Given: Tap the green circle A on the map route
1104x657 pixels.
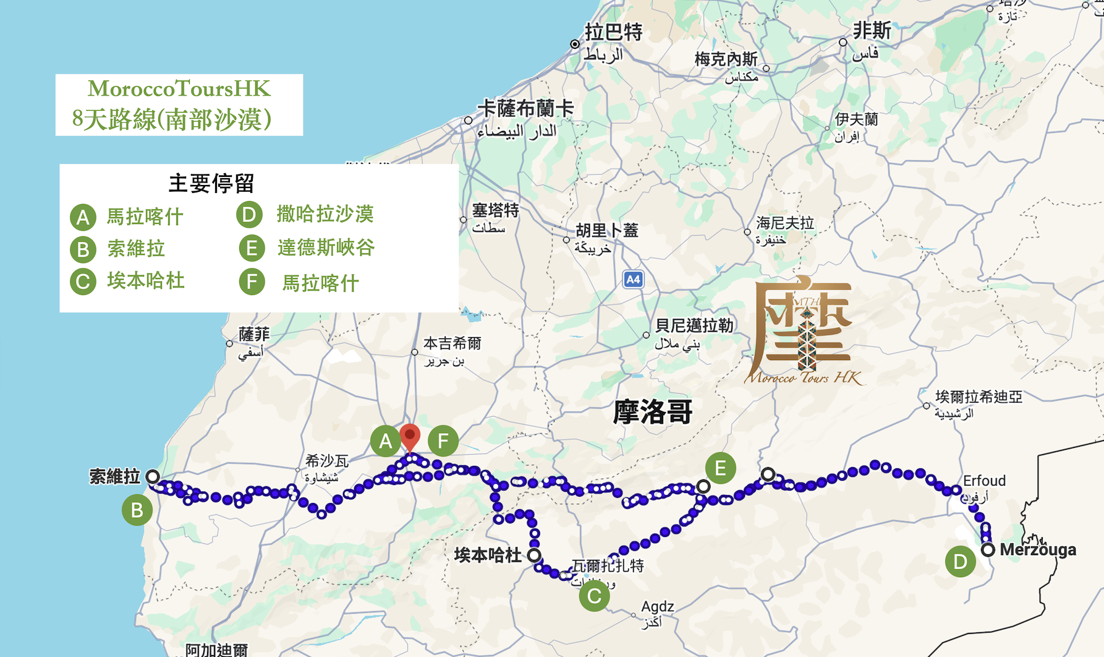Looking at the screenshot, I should (385, 441).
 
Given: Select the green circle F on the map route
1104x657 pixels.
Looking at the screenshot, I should (443, 441).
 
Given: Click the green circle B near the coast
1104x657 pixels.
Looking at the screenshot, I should (137, 510).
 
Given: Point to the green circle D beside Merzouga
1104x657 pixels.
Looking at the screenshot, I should (960, 562).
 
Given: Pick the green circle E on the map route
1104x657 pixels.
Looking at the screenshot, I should (720, 468).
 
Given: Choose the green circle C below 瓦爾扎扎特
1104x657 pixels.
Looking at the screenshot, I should (594, 596).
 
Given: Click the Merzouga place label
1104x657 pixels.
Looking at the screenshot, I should (1038, 549).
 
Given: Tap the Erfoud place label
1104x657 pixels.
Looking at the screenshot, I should (984, 481).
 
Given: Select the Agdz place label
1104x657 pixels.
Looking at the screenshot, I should (658, 606).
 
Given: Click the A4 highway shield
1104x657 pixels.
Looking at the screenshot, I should (633, 280).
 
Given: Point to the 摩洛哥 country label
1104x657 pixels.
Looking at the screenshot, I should (652, 412).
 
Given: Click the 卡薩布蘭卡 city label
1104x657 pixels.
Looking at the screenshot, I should (526, 109).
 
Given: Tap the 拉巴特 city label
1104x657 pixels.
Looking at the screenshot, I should (613, 32).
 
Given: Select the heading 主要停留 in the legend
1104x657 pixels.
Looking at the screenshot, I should (211, 183).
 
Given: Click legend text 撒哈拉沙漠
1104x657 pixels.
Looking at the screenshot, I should (325, 214).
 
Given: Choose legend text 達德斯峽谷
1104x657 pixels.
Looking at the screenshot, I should (326, 247).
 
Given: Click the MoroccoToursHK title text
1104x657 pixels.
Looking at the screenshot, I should (179, 88).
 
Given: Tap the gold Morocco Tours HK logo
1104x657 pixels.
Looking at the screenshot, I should (804, 331).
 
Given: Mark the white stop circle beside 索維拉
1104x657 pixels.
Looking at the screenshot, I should (153, 476).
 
